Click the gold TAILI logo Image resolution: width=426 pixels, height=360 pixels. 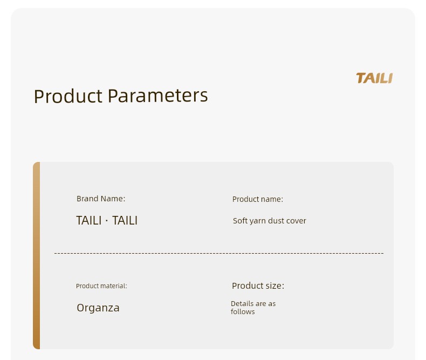[374, 78]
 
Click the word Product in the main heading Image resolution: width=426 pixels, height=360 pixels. [68, 96]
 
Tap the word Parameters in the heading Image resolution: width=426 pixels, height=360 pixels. [158, 96]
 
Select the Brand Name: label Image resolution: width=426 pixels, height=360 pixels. [101, 199]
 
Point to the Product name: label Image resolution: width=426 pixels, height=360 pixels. [258, 199]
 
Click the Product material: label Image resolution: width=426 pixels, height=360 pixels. [101, 286]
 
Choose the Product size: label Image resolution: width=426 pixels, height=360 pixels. [258, 286]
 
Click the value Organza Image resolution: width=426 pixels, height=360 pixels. [98, 308]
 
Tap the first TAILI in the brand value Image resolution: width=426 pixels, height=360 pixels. [88, 221]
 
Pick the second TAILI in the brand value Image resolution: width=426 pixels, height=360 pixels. [125, 221]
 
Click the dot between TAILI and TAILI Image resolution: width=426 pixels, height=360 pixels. [107, 221]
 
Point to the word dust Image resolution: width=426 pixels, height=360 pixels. [276, 221]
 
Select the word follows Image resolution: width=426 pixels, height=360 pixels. [243, 311]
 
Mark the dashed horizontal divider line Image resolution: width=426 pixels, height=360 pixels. [219, 253]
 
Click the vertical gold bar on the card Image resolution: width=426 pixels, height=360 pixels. [37, 256]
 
